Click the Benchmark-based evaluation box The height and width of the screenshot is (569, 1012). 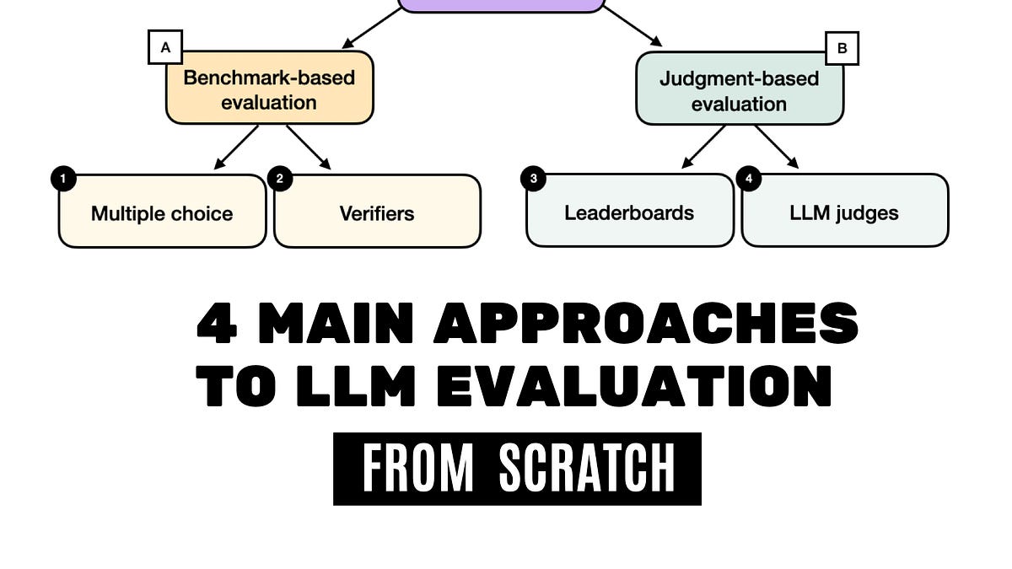pos(269,89)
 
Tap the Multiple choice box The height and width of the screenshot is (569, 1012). pos(162,212)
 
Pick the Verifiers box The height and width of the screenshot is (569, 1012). pos(377,212)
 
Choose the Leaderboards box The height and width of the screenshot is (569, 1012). pos(629,212)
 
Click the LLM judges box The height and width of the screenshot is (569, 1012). pos(844,212)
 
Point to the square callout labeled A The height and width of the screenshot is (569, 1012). pos(165,48)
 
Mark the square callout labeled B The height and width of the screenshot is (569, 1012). pos(842,48)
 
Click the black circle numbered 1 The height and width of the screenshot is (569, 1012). pos(62,179)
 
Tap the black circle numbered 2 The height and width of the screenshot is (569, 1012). pos(279,179)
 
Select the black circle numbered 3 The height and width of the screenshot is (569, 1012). pos(533,179)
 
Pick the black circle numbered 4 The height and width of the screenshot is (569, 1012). pos(748,179)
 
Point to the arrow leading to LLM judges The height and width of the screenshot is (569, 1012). pos(777,148)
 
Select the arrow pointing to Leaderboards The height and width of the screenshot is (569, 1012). pos(703,148)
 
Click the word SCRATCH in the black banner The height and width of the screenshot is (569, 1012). pos(587,469)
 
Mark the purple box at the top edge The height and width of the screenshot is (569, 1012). pos(501,5)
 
